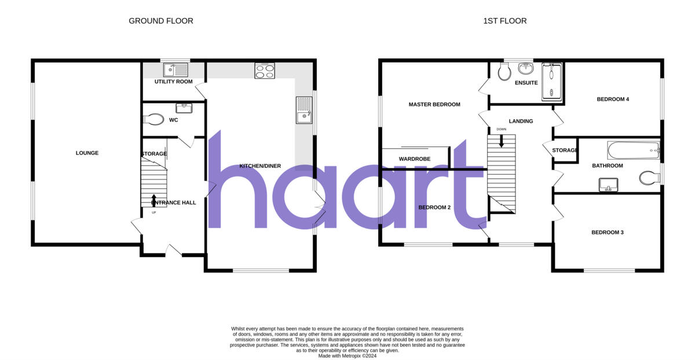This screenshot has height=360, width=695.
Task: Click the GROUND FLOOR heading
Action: [x=160, y=21]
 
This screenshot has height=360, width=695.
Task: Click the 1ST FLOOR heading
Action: [x=505, y=21]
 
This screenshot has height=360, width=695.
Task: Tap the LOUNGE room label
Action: [x=87, y=153]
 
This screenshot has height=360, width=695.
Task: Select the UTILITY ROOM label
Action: [x=173, y=82]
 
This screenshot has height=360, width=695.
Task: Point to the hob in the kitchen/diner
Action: [x=264, y=71]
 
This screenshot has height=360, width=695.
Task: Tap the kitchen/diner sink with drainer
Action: [x=304, y=111]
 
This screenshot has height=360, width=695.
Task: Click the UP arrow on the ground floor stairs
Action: [x=153, y=200]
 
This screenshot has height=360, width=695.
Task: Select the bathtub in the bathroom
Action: [x=632, y=151]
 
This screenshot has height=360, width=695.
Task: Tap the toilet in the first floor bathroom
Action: [x=649, y=178]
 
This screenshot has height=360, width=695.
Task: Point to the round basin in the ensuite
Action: [x=526, y=69]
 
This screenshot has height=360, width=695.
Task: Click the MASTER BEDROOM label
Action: [x=434, y=105]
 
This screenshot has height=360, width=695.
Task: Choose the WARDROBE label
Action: [x=414, y=159]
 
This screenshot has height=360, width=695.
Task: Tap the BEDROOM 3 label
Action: [x=607, y=233]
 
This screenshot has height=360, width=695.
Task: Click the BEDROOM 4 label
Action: [x=613, y=99]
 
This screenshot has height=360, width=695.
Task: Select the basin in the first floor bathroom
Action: [x=608, y=185]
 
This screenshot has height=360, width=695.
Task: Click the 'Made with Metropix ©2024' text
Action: [x=348, y=356]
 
